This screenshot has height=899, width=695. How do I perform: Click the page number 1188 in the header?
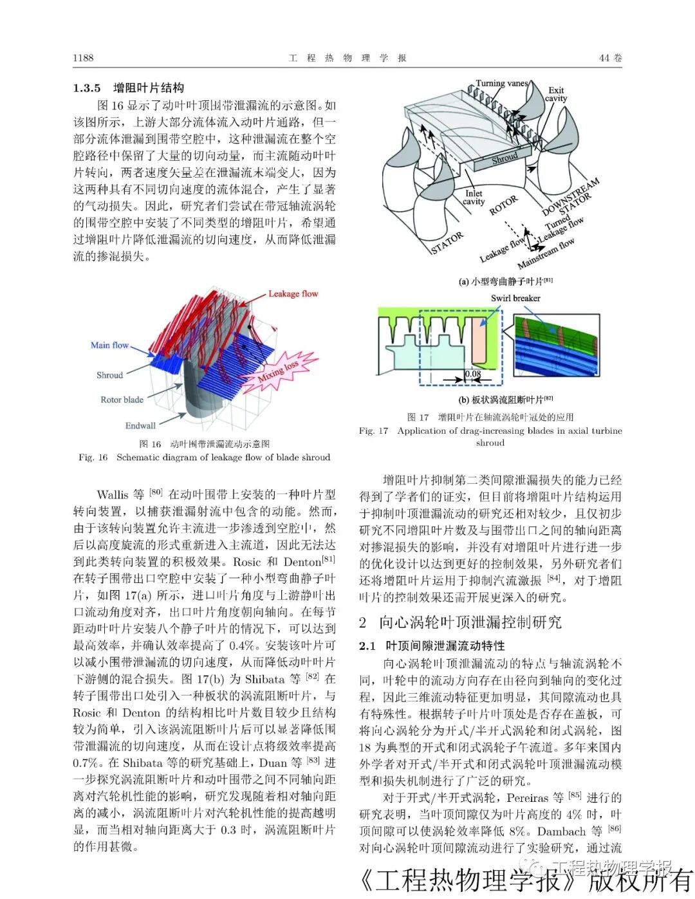(83, 58)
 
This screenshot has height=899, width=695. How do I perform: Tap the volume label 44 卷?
(610, 58)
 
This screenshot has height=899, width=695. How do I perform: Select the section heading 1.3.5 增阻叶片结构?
(129, 88)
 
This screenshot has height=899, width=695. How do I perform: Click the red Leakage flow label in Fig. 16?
(293, 293)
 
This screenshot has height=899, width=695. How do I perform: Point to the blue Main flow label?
(109, 345)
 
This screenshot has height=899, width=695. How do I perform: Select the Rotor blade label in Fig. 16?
(122, 400)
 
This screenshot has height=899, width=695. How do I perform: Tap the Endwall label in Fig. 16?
(140, 425)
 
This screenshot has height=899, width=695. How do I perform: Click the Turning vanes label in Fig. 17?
(501, 83)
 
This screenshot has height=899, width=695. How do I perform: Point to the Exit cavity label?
(556, 94)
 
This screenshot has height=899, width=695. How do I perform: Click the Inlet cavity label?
(474, 197)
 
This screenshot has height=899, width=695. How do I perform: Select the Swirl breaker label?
(515, 298)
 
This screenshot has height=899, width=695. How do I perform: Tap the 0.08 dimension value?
(473, 373)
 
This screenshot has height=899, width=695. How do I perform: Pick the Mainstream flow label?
(546, 254)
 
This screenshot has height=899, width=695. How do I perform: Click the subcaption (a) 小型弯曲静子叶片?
(505, 281)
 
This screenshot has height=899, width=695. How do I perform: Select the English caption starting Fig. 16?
(204, 457)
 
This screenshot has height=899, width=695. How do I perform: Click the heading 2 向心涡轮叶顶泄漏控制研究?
(460, 622)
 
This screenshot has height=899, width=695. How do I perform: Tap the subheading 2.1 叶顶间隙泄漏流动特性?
(432, 645)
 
